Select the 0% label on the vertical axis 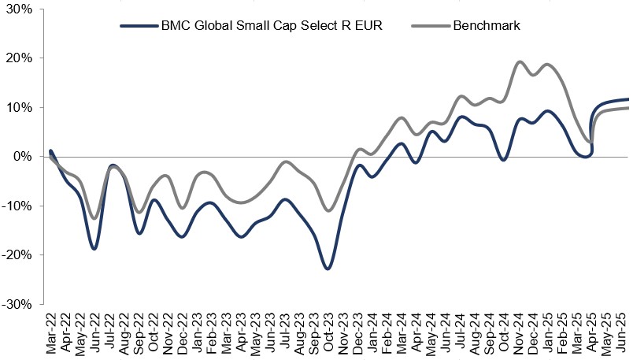[x=23, y=157]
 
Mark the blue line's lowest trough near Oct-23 [x=328, y=269]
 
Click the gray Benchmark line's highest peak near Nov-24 [x=520, y=61]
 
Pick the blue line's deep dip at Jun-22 [x=94, y=249]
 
